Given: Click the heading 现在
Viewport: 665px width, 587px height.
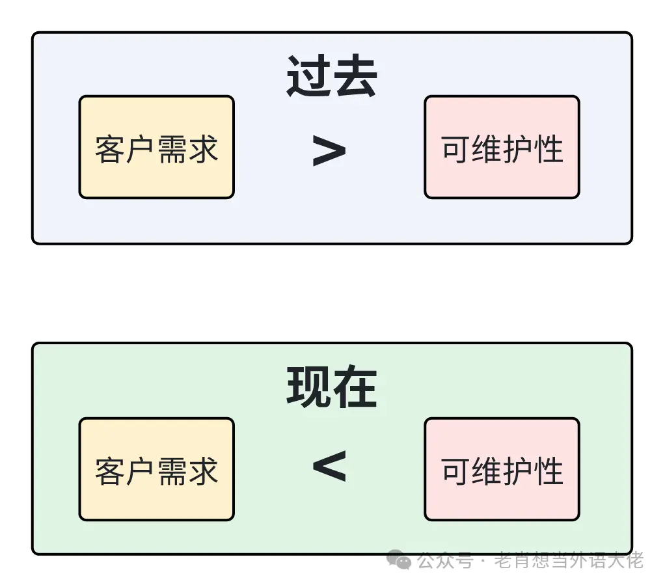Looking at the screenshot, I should [x=332, y=388].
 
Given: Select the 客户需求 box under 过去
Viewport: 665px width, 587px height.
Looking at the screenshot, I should [x=156, y=148].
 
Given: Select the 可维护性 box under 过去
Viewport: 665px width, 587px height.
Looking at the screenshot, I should [x=502, y=148].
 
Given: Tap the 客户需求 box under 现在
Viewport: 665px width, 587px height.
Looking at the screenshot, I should [x=156, y=469].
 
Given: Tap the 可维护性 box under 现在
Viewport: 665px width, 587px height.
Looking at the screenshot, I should [x=502, y=469].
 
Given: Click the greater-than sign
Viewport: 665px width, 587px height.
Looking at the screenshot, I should [x=329, y=151].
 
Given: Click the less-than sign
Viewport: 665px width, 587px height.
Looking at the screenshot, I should [x=329, y=466].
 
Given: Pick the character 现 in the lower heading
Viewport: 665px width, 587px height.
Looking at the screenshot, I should [x=308, y=388].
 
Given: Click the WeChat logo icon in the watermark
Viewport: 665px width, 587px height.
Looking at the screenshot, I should [x=400, y=560].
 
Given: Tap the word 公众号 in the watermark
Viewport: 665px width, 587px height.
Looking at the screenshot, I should [x=445, y=560].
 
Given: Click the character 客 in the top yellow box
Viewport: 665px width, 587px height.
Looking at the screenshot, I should [x=109, y=149].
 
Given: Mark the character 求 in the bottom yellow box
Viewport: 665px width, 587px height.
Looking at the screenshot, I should [x=203, y=471].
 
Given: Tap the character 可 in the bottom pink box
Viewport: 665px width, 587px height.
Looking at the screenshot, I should [x=455, y=471].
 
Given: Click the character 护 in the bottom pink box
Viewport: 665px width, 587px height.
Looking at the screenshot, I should [x=517, y=471].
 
